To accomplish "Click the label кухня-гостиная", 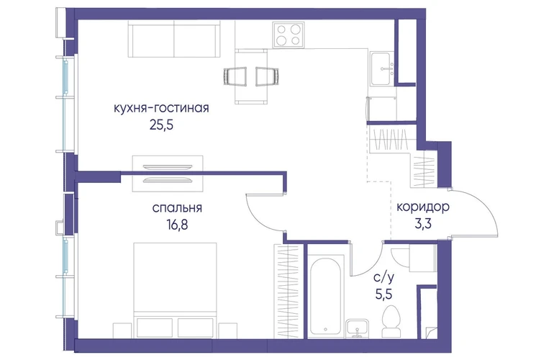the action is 161,108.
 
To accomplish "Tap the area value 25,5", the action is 161,125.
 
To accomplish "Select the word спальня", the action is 177,208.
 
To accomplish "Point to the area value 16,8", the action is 177,225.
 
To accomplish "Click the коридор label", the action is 423,207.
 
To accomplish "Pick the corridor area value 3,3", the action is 423,224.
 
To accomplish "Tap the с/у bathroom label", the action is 383,278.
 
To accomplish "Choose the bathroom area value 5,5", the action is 383,294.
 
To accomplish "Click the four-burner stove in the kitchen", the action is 289,35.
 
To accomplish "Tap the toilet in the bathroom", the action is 391,321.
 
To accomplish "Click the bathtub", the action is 325,296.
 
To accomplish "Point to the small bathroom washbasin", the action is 357,328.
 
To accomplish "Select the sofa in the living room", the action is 174,39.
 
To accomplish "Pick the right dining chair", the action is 268,76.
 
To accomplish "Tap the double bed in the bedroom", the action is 175,289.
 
